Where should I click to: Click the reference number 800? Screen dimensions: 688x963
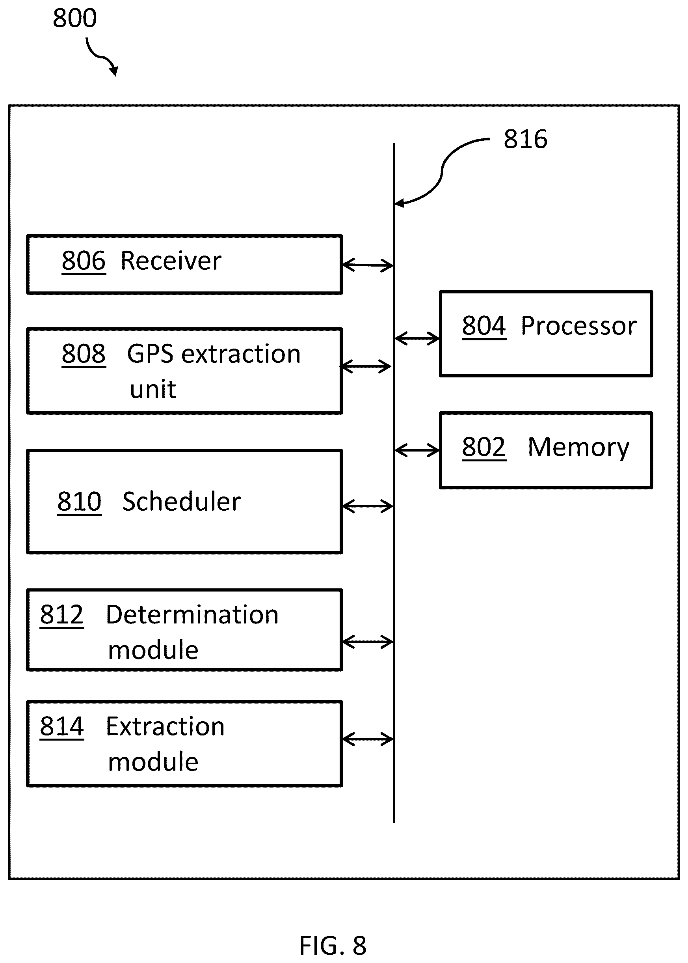pyautogui.click(x=74, y=18)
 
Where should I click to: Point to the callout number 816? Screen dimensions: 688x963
pyautogui.click(x=525, y=139)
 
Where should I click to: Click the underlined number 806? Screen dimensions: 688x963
pyautogui.click(x=84, y=261)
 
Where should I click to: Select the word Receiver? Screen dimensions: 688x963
pyautogui.click(x=171, y=261)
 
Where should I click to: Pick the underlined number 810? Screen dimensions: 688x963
pyautogui.click(x=79, y=502)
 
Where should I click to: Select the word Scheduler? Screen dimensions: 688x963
pyautogui.click(x=181, y=502)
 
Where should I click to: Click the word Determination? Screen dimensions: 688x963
pyautogui.click(x=192, y=615)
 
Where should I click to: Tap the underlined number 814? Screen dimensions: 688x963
pyautogui.click(x=62, y=727)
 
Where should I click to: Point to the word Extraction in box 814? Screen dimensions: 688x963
pyautogui.click(x=165, y=727)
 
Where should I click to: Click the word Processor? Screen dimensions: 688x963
pyautogui.click(x=578, y=326)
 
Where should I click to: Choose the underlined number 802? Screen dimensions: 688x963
pyautogui.click(x=484, y=447)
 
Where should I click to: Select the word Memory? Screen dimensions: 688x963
pyautogui.click(x=579, y=448)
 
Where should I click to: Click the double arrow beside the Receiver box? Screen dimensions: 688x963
pyautogui.click(x=368, y=265)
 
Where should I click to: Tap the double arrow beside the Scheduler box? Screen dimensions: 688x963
pyautogui.click(x=368, y=506)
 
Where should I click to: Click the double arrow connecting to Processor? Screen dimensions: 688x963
pyautogui.click(x=417, y=338)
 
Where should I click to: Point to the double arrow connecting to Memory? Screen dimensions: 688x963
pyautogui.click(x=417, y=450)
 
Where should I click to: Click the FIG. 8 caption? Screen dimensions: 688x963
pyautogui.click(x=333, y=945)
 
